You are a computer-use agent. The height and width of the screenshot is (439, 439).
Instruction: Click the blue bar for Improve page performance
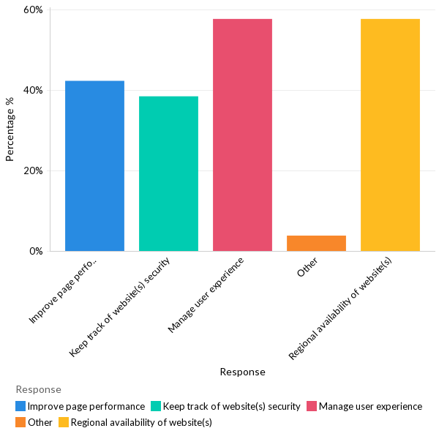[x=94, y=166]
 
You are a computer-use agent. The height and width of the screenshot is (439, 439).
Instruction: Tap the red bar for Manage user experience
[x=242, y=135]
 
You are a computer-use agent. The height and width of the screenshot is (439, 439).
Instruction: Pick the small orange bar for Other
[x=316, y=243]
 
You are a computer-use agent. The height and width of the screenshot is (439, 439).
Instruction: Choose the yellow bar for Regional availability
[x=390, y=135]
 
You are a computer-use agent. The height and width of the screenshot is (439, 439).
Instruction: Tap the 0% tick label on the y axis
[x=36, y=251]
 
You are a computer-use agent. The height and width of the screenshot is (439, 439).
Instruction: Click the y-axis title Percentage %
[x=10, y=129]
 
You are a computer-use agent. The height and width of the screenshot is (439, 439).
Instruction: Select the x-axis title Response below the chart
[x=242, y=372]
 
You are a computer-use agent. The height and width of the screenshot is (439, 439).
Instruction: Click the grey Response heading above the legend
[x=38, y=389]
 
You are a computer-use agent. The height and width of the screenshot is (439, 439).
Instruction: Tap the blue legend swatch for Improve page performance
[x=20, y=406]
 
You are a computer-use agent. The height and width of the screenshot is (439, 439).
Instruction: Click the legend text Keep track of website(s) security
[x=231, y=406]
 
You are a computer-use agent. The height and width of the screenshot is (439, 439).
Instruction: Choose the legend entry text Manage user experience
[x=370, y=406]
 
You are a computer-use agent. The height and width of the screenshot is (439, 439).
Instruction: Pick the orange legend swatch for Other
[x=20, y=422]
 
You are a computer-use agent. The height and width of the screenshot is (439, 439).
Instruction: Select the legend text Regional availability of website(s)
[x=141, y=422]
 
